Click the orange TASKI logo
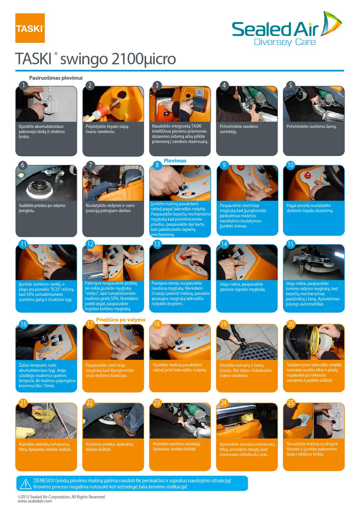(30, 28)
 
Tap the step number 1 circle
(23, 85)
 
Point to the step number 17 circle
(90, 324)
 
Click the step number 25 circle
(291, 403)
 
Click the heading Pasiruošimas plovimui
(56, 78)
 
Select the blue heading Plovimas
(175, 161)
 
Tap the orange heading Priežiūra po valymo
(121, 320)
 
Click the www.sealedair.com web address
(35, 501)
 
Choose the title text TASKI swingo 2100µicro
(95, 59)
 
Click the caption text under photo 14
(241, 287)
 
